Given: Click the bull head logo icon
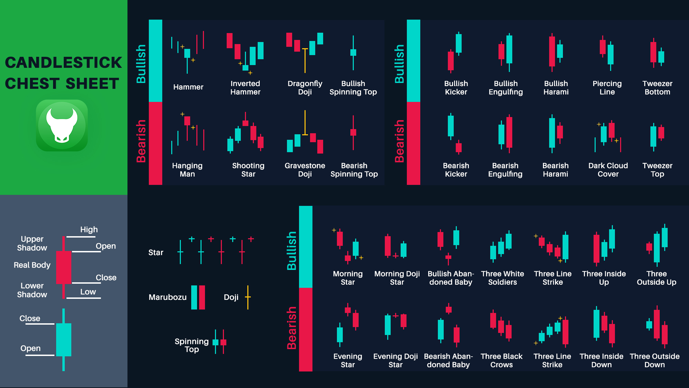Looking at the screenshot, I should tap(62, 125).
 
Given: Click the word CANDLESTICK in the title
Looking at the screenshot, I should tap(63, 63).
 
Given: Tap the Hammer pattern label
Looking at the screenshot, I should tap(188, 87).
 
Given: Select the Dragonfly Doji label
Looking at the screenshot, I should tap(305, 88).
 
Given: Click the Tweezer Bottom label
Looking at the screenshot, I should tap(657, 88).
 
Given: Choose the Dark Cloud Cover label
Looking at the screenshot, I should tap(608, 170).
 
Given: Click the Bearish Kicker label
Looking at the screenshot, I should tap(456, 170).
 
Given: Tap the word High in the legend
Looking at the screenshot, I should tap(89, 230).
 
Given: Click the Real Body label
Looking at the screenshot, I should tap(32, 265).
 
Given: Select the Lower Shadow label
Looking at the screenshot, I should tap(32, 290).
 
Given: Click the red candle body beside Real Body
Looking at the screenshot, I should tap(64, 268).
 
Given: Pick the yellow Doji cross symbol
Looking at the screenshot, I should tap(248, 297).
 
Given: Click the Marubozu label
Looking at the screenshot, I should tap(167, 297).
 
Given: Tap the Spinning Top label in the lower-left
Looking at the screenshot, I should tap(192, 345).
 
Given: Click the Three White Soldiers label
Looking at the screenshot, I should tap(502, 278).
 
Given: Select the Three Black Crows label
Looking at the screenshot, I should tap(501, 360).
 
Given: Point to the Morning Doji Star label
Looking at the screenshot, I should tap(397, 278).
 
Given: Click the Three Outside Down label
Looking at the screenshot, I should tap(655, 360).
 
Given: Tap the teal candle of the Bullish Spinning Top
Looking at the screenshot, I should tap(353, 53).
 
